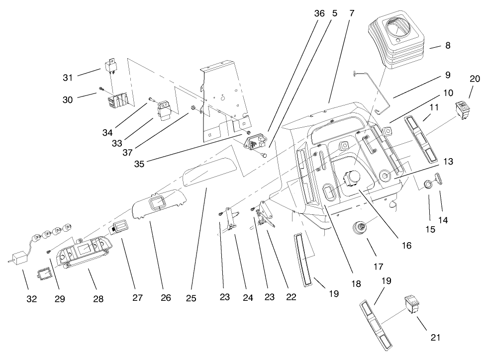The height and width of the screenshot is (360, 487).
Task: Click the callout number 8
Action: pyautogui.click(x=448, y=45)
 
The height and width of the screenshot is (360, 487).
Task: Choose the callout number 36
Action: pyautogui.click(x=319, y=13)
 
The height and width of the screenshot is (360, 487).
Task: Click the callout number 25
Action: pyautogui.click(x=191, y=298)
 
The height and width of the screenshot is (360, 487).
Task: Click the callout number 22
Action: pyautogui.click(x=291, y=297)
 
